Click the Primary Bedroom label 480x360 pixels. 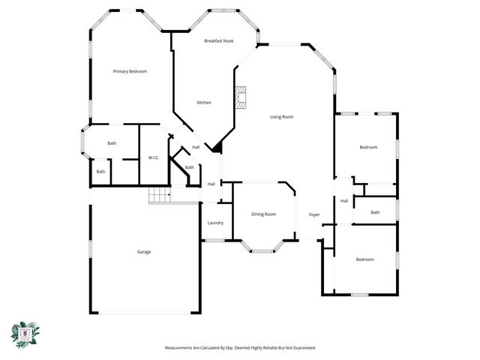pos(130,71)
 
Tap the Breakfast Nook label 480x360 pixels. pos(218,40)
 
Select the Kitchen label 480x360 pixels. pos(204,102)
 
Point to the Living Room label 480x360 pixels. pos(281,116)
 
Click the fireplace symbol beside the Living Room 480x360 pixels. pos(240,97)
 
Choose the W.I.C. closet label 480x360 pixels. pos(153,157)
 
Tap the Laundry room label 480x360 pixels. pos(215,223)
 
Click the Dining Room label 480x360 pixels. pos(263,214)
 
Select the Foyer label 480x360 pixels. pos(314,215)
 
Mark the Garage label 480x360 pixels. pos(143,252)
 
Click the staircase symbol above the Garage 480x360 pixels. pos(160,195)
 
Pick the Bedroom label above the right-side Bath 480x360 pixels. pos(367,147)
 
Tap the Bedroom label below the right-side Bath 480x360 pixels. pos(364,259)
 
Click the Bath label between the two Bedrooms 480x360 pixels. pos(375,212)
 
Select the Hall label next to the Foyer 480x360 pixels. pos(344,200)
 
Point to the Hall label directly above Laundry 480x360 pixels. pos(211,184)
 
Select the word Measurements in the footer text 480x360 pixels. pos(183,348)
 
